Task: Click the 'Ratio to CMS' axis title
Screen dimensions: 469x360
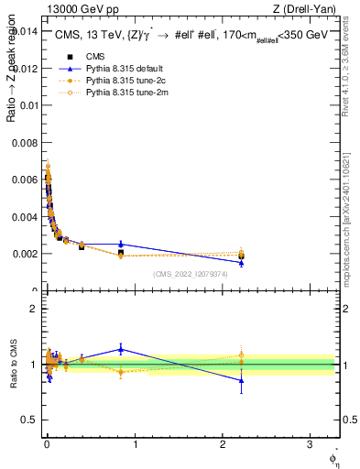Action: coord(13,364)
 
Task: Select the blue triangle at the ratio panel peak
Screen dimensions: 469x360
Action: coord(121,349)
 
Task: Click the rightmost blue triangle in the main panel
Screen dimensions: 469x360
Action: coord(241,263)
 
